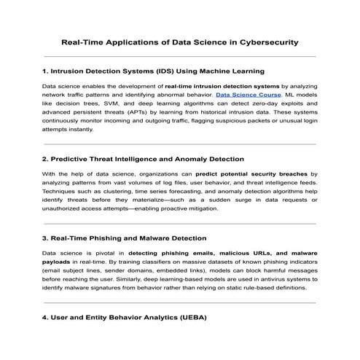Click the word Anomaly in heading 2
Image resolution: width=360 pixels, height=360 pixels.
tap(188, 159)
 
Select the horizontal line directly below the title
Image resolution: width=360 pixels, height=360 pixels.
tap(180, 56)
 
